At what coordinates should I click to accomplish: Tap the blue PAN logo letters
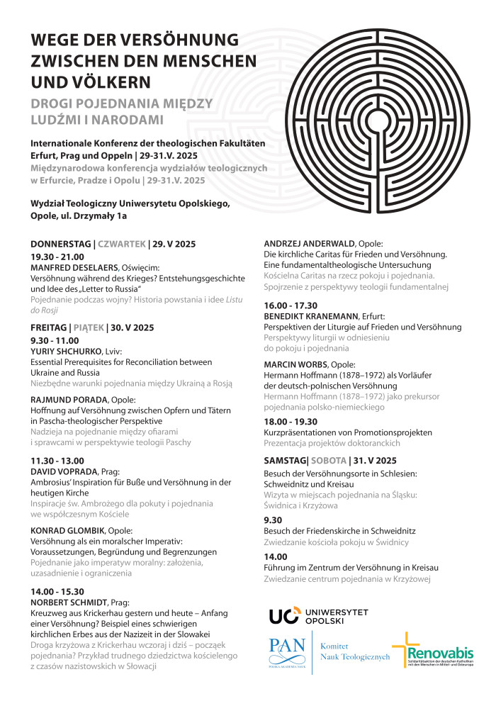(288, 647)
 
